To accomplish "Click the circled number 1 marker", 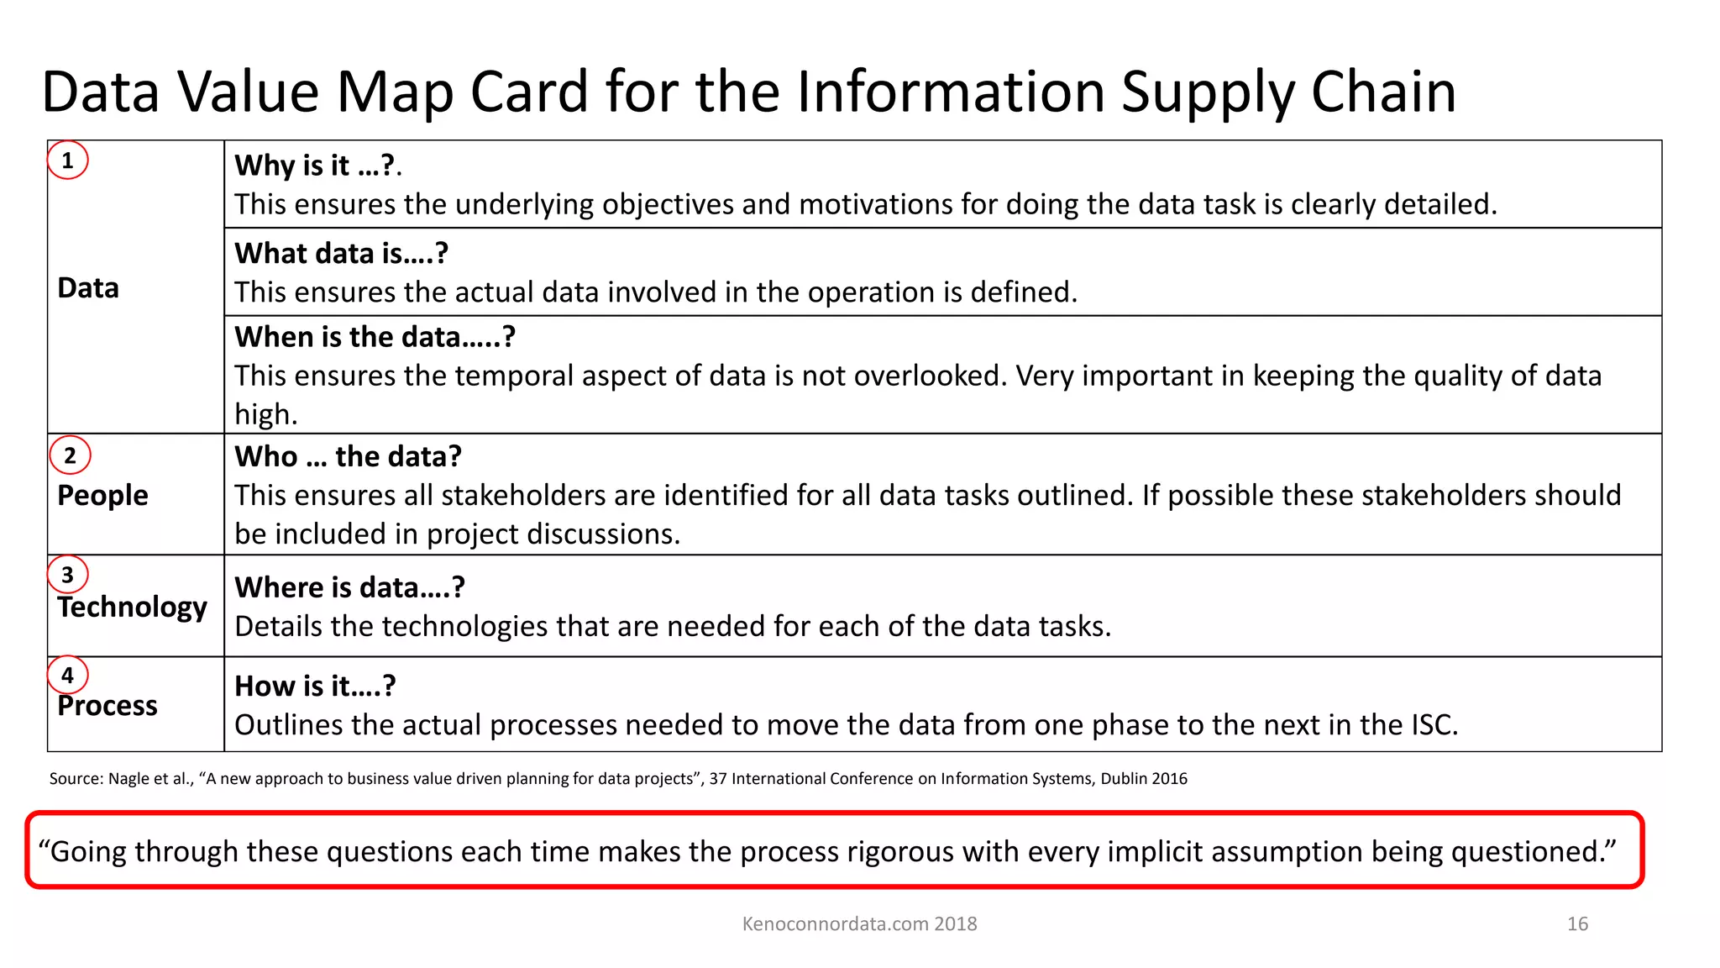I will (x=68, y=160).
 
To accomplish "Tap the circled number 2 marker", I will (x=70, y=455).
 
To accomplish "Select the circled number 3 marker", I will (x=68, y=575).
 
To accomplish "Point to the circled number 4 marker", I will (x=68, y=675).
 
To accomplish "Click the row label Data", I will (x=88, y=288).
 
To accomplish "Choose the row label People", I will (x=102, y=496).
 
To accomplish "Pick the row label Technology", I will (x=133, y=607).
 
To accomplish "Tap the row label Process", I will (x=107, y=706).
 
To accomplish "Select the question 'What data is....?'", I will (x=341, y=253).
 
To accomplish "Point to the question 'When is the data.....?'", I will (x=375, y=337).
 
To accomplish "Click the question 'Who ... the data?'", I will (x=348, y=456).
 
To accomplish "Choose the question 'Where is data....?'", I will (x=349, y=587).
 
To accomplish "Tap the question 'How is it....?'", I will (x=315, y=686).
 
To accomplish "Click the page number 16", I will (x=1577, y=923).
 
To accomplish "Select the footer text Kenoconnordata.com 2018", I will (x=859, y=923).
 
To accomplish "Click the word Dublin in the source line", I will (x=1124, y=778).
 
